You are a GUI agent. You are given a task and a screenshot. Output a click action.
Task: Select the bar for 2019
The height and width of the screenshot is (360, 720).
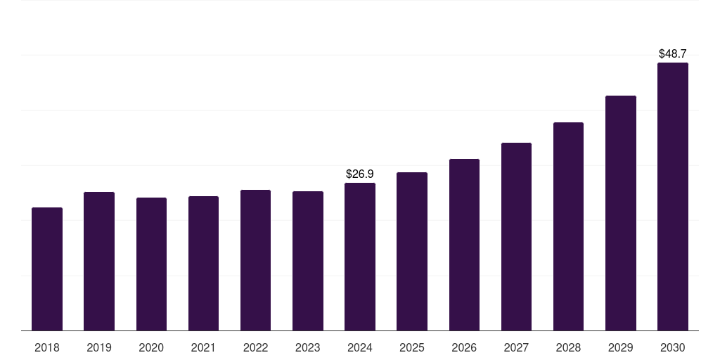point(99,261)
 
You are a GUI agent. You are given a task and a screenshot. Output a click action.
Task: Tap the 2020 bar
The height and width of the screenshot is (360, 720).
point(151,264)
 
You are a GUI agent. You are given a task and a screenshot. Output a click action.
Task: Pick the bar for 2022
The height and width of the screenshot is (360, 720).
point(255,260)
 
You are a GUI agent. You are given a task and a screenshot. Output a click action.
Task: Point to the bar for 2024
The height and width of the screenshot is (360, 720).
point(360,257)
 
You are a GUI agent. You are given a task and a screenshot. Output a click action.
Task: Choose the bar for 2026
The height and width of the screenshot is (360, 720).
point(464,245)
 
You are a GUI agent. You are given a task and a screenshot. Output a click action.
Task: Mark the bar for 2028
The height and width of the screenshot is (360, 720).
point(568,226)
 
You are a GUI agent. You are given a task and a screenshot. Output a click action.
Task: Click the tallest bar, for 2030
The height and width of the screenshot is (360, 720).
point(673,197)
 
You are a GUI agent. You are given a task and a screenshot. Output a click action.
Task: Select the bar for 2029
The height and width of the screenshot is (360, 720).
point(621,213)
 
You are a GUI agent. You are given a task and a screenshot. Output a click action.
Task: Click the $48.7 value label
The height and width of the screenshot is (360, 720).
point(673,53)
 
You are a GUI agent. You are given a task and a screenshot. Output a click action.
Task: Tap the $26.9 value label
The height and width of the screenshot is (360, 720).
point(360,174)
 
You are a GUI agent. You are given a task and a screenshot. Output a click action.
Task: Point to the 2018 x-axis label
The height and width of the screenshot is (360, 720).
point(47,347)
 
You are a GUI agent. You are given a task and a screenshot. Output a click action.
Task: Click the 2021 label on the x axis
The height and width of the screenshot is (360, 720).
point(203,347)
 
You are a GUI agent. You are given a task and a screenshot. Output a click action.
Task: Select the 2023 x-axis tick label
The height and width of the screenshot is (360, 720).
point(308,347)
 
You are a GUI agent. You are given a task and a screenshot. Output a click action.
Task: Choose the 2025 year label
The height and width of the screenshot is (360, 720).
point(412,347)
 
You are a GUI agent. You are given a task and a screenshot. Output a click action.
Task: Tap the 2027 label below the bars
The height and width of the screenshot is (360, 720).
point(516,347)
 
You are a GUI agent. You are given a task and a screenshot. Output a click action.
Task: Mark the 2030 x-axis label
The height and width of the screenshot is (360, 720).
point(673,347)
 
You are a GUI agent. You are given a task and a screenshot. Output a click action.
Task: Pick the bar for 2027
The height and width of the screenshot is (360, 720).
point(516,236)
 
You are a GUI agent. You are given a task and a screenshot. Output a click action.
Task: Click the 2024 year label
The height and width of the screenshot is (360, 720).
point(360,347)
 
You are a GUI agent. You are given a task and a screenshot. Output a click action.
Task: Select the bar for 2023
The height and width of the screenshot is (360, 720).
point(308,261)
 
